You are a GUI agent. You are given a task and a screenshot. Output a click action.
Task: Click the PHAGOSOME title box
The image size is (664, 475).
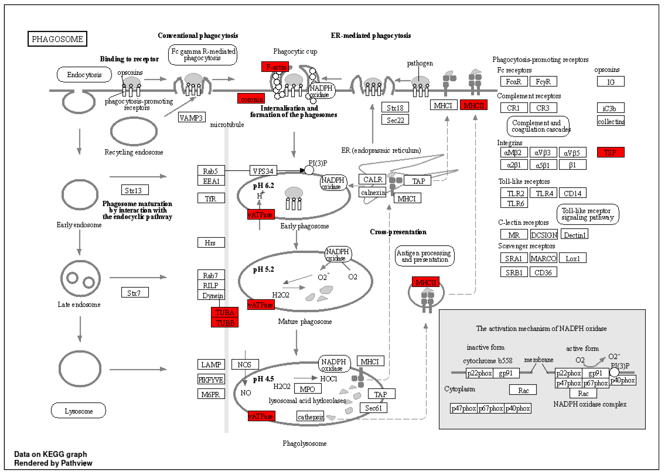click(x=57, y=39)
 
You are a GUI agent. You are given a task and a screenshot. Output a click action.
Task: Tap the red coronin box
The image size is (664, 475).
click(x=251, y=99)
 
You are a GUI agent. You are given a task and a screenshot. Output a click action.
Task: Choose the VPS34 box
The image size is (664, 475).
click(x=263, y=171)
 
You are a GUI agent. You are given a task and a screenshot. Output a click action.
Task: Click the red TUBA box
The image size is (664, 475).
click(x=225, y=312)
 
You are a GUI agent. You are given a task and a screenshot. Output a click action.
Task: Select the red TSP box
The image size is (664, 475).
click(x=611, y=152)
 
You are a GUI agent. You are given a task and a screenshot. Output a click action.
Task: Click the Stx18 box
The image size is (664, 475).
click(x=395, y=107)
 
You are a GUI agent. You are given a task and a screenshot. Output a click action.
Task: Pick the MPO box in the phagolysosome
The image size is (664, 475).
click(x=308, y=389)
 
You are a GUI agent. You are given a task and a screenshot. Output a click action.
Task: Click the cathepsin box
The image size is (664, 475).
click(x=310, y=416)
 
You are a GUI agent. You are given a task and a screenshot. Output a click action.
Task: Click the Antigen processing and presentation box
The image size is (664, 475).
click(x=424, y=256)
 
